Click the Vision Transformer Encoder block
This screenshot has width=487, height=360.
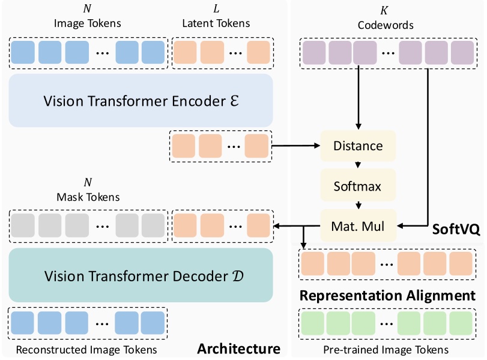[141, 101]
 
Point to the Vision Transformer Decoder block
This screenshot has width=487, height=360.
[141, 276]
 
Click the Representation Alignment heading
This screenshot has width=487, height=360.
[387, 296]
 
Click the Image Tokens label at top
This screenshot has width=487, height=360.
[88, 24]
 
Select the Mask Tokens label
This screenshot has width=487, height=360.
[88, 197]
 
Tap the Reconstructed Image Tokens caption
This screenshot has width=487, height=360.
[86, 349]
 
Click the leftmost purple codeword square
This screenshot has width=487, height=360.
[313, 53]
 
